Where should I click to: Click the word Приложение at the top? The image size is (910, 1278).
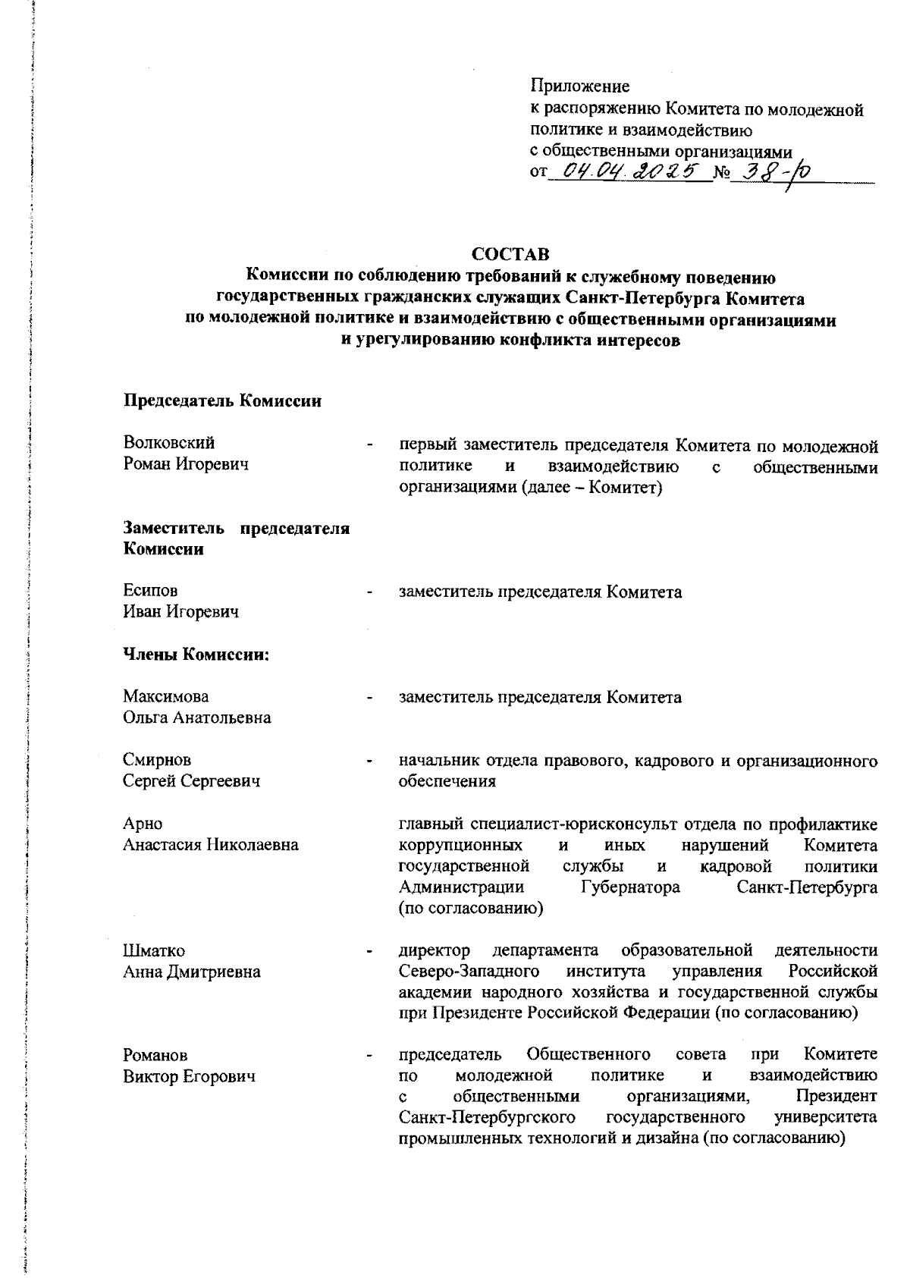pos(579,87)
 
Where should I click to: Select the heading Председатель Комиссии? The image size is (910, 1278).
pos(222,401)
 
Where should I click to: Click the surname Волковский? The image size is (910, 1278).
pos(169,443)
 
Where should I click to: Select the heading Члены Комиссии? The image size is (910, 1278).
pos(197,655)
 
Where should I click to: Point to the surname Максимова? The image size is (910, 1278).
pos(166,696)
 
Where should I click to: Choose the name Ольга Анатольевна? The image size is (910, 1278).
pos(197,718)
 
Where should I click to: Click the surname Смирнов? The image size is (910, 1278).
pos(157,760)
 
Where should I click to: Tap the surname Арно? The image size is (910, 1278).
pos(143,824)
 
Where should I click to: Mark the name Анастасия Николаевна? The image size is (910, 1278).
pos(211,845)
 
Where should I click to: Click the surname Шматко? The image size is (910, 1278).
pos(154,951)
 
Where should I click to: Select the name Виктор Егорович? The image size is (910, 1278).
pos(190,1076)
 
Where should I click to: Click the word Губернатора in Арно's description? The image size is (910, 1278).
pos(630,887)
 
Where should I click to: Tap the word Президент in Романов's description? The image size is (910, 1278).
pos(837,1097)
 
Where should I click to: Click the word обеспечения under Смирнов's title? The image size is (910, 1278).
pos(447,781)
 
